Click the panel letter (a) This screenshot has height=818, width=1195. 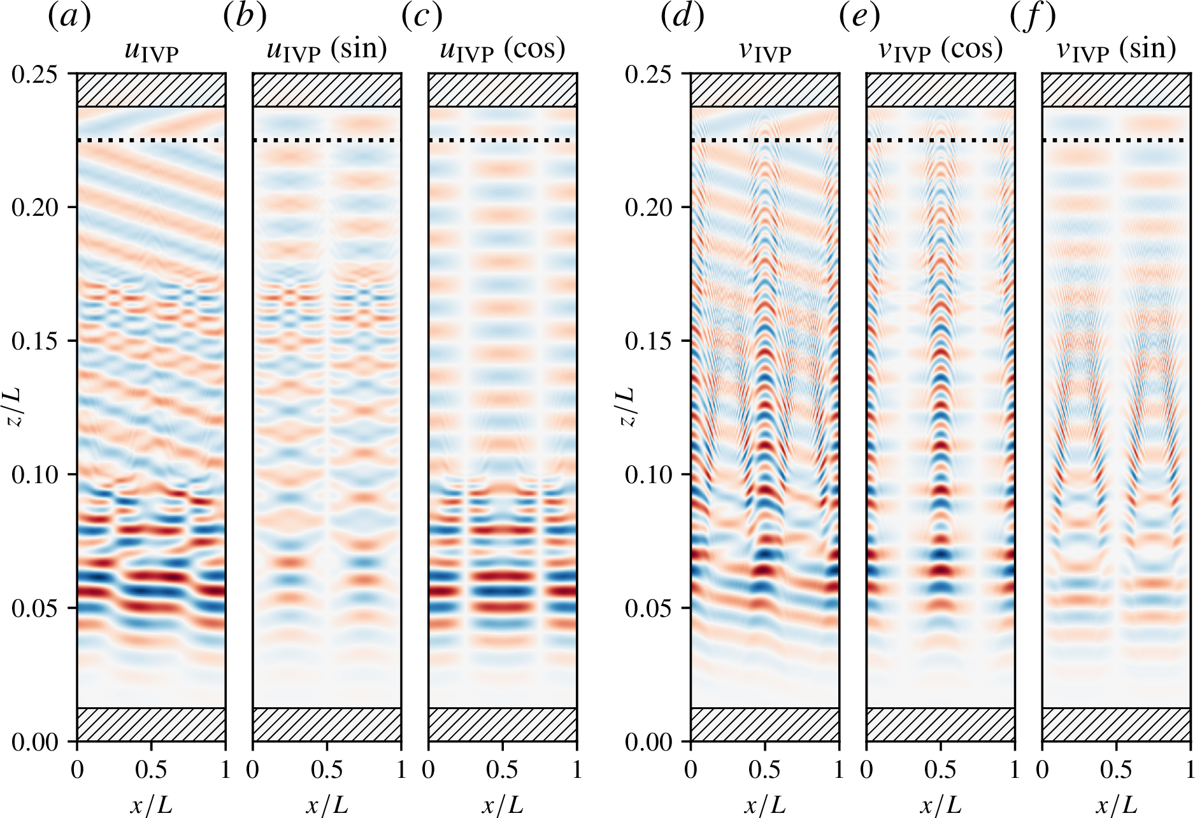click(x=69, y=17)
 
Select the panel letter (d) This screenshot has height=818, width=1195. click(x=682, y=17)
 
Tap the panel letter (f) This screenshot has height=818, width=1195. click(x=1033, y=17)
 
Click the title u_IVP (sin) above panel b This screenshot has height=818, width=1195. click(x=327, y=50)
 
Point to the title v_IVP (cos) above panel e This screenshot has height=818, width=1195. click(x=940, y=50)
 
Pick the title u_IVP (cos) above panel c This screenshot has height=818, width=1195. click(x=503, y=50)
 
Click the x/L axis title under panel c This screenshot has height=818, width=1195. click(x=503, y=805)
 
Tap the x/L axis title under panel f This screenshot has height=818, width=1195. click(x=1116, y=805)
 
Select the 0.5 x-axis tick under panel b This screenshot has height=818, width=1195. click(x=327, y=770)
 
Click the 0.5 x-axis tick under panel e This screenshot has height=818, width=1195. click(x=940, y=770)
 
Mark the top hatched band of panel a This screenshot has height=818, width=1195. click(x=151, y=90)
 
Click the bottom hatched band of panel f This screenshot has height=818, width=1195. click(x=1116, y=724)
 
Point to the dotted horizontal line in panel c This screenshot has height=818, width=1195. click(x=503, y=140)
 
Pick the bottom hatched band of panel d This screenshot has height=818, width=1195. click(x=764, y=724)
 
